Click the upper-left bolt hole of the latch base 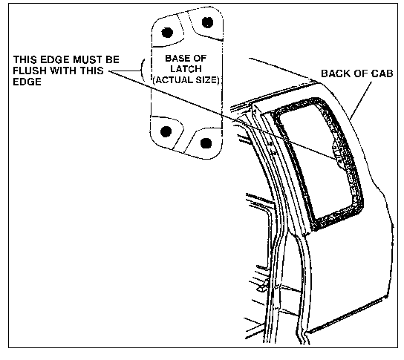[167, 33]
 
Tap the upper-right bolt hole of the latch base [207, 22]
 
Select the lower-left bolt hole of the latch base [166, 131]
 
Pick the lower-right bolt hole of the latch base [206, 143]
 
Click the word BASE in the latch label [177, 59]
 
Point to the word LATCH [186, 69]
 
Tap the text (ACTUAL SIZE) [186, 80]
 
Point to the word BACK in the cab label [335, 73]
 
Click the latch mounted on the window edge [339, 154]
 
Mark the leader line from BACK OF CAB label [361, 101]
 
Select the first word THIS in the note [24, 59]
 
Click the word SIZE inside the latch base [207, 80]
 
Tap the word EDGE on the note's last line [27, 82]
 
